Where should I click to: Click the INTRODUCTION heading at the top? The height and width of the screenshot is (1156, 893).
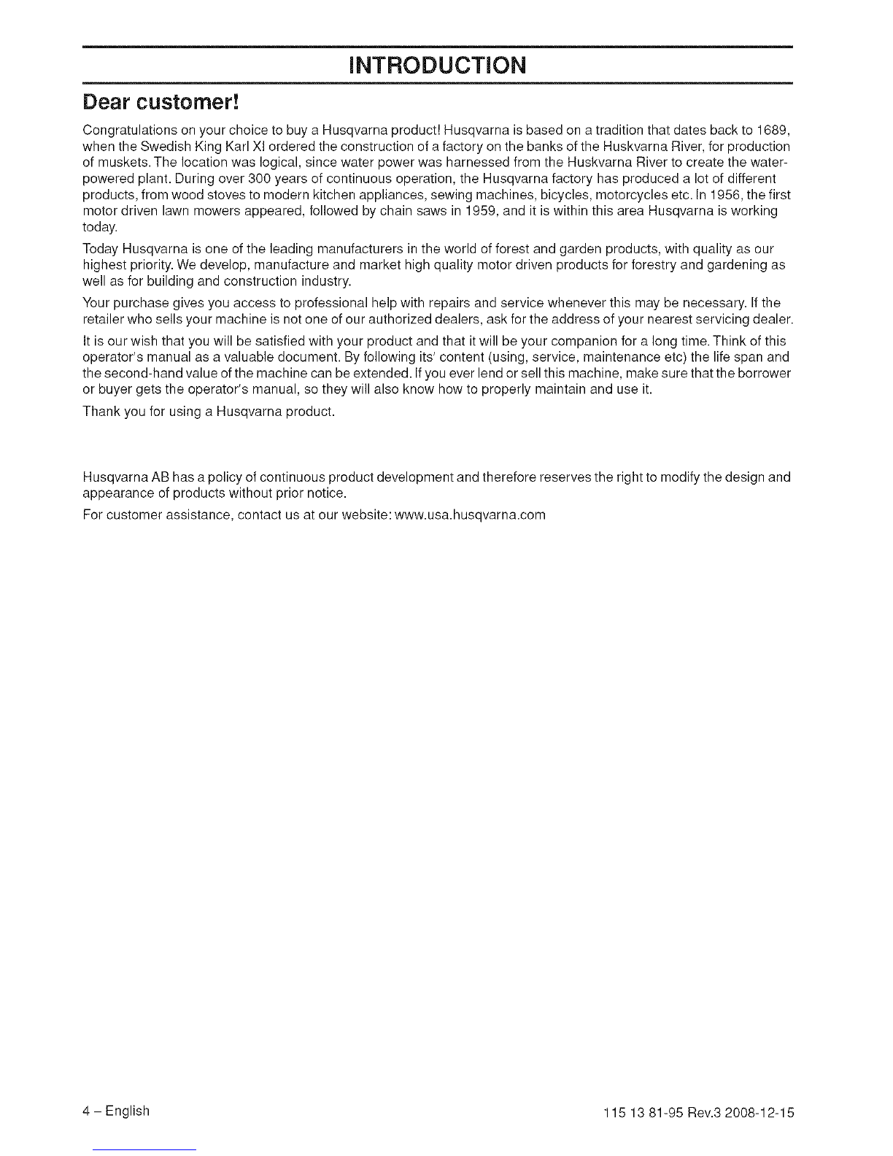pyautogui.click(x=437, y=66)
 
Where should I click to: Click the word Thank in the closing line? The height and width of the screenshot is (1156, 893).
pyautogui.click(x=101, y=412)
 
